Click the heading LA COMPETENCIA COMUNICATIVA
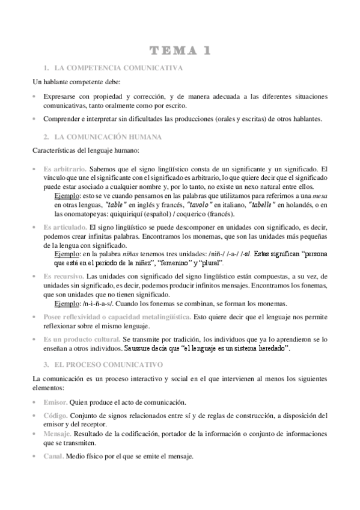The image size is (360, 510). tap(118, 69)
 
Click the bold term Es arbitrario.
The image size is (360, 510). tap(65, 170)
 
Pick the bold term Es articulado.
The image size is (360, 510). tap(65, 229)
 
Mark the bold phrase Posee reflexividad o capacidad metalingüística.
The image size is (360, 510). tap(117, 316)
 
